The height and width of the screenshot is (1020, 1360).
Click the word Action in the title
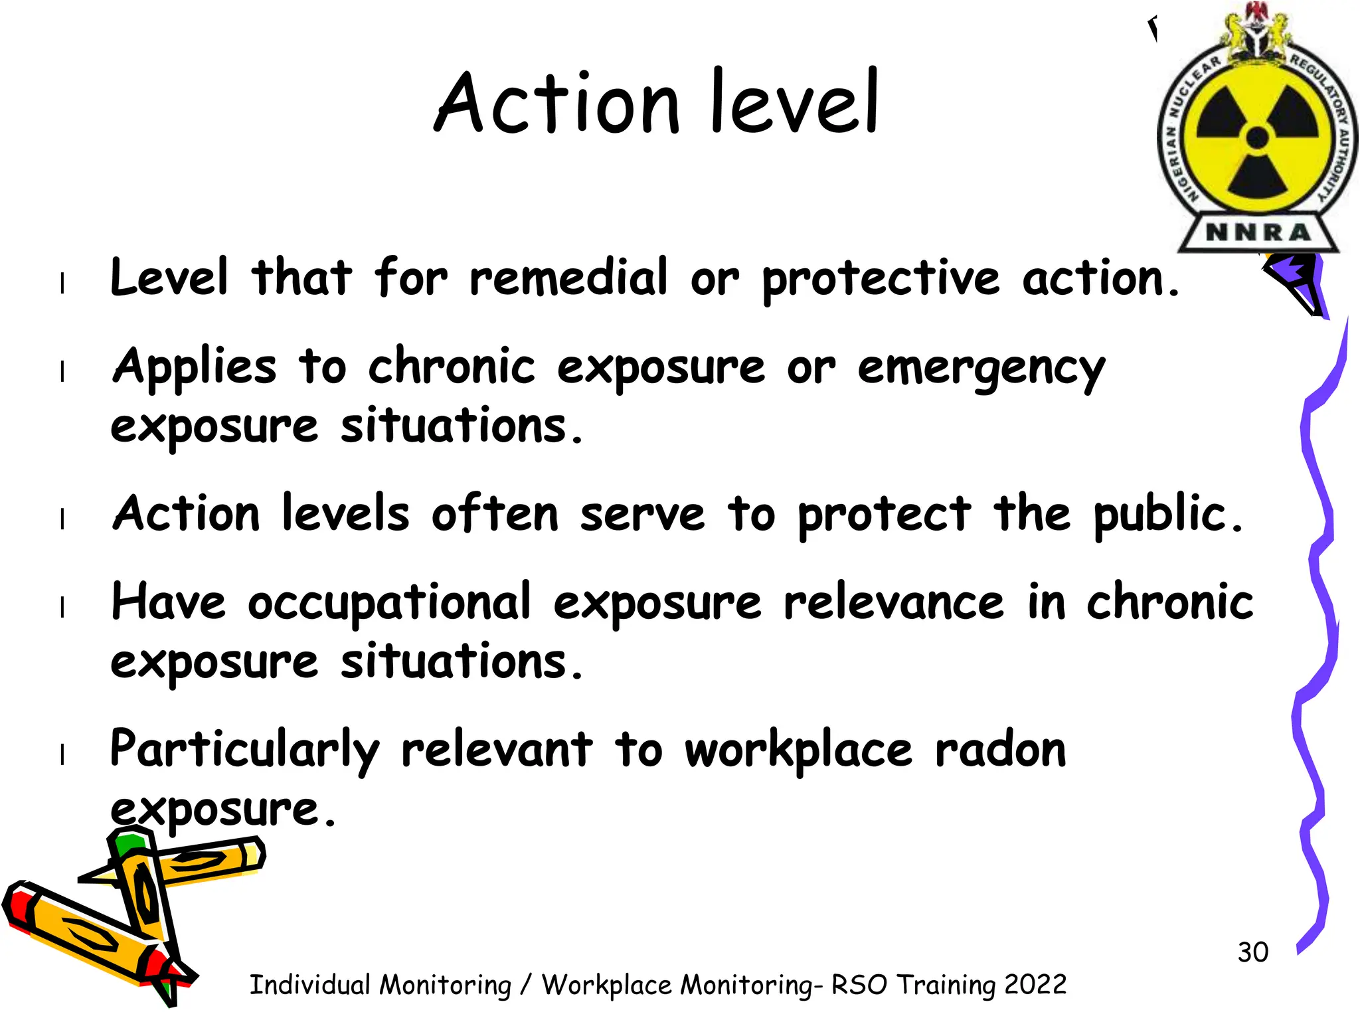(x=557, y=104)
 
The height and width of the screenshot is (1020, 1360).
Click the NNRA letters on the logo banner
(x=1258, y=232)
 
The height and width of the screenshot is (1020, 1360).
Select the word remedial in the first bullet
(x=568, y=278)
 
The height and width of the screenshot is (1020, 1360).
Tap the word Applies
(x=194, y=367)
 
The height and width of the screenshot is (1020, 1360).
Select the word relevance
(x=894, y=603)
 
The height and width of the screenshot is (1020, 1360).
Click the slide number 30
(x=1252, y=952)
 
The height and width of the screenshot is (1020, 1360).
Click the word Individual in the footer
(x=309, y=985)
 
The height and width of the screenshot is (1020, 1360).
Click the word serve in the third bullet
(x=642, y=515)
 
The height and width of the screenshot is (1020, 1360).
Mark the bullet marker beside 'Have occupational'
(x=62, y=606)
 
